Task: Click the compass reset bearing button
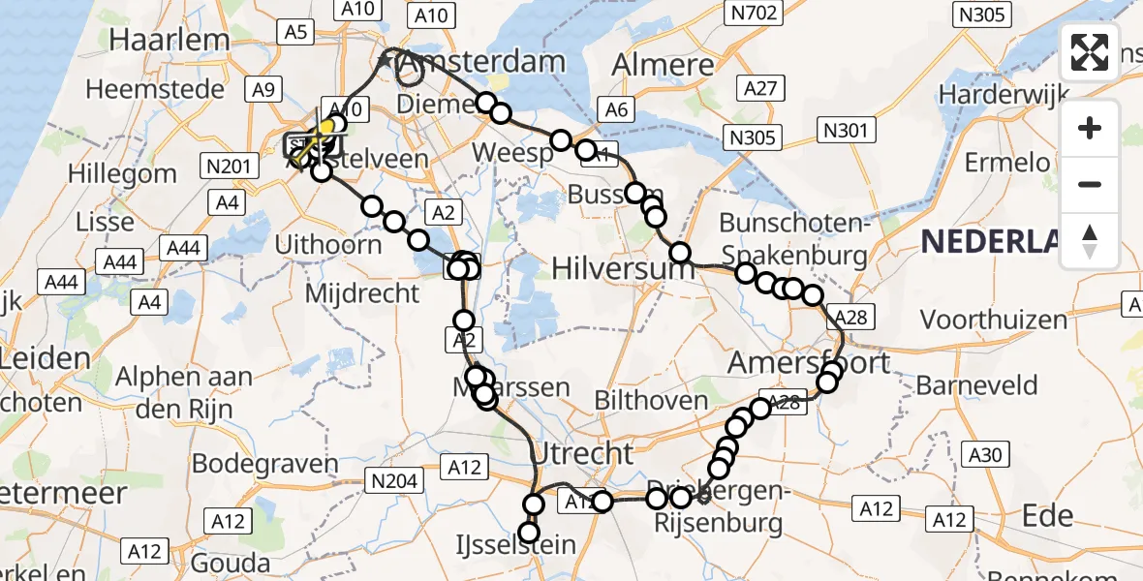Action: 1090,241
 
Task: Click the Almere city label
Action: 664,66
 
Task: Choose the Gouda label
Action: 232,563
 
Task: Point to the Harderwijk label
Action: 1003,95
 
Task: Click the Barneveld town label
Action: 976,384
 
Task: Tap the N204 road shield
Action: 391,479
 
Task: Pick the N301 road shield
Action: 846,130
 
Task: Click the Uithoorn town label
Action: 327,244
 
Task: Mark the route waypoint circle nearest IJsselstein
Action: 528,533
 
